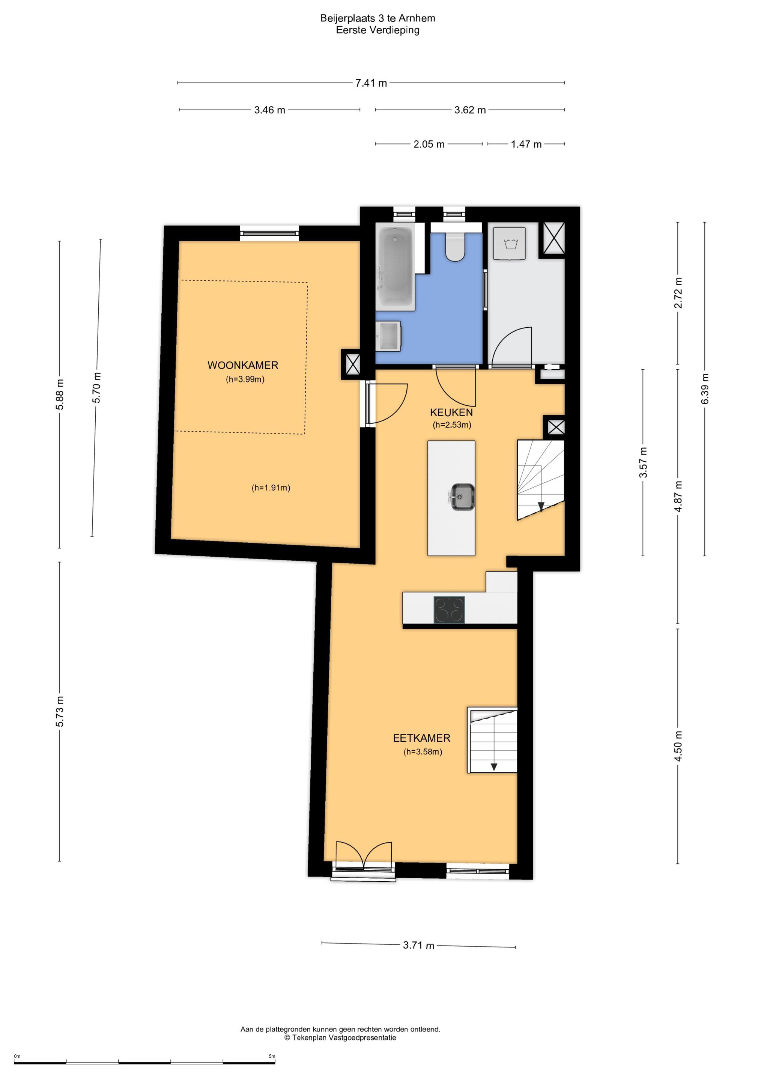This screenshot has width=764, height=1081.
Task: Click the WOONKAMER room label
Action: click(x=243, y=365)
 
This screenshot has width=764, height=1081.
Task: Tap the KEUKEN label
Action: click(x=451, y=413)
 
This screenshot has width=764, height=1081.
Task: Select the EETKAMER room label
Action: click(x=422, y=738)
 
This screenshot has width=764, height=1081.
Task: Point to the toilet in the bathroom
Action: click(x=455, y=246)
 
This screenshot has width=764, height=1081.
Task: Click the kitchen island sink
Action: click(x=462, y=497)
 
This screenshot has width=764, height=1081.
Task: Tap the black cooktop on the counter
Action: click(x=449, y=610)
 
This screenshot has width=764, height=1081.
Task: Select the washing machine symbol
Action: click(x=509, y=244)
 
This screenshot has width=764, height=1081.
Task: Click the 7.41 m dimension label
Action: click(x=371, y=83)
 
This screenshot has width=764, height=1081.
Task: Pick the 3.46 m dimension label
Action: click(x=270, y=110)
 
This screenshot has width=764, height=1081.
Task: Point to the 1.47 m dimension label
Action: click(x=526, y=144)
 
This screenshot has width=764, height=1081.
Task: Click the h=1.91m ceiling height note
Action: click(x=271, y=488)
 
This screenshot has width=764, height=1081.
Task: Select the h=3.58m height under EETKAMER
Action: click(x=423, y=752)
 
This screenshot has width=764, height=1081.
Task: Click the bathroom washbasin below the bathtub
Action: click(x=388, y=336)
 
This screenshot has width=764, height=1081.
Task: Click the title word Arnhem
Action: click(x=417, y=18)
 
